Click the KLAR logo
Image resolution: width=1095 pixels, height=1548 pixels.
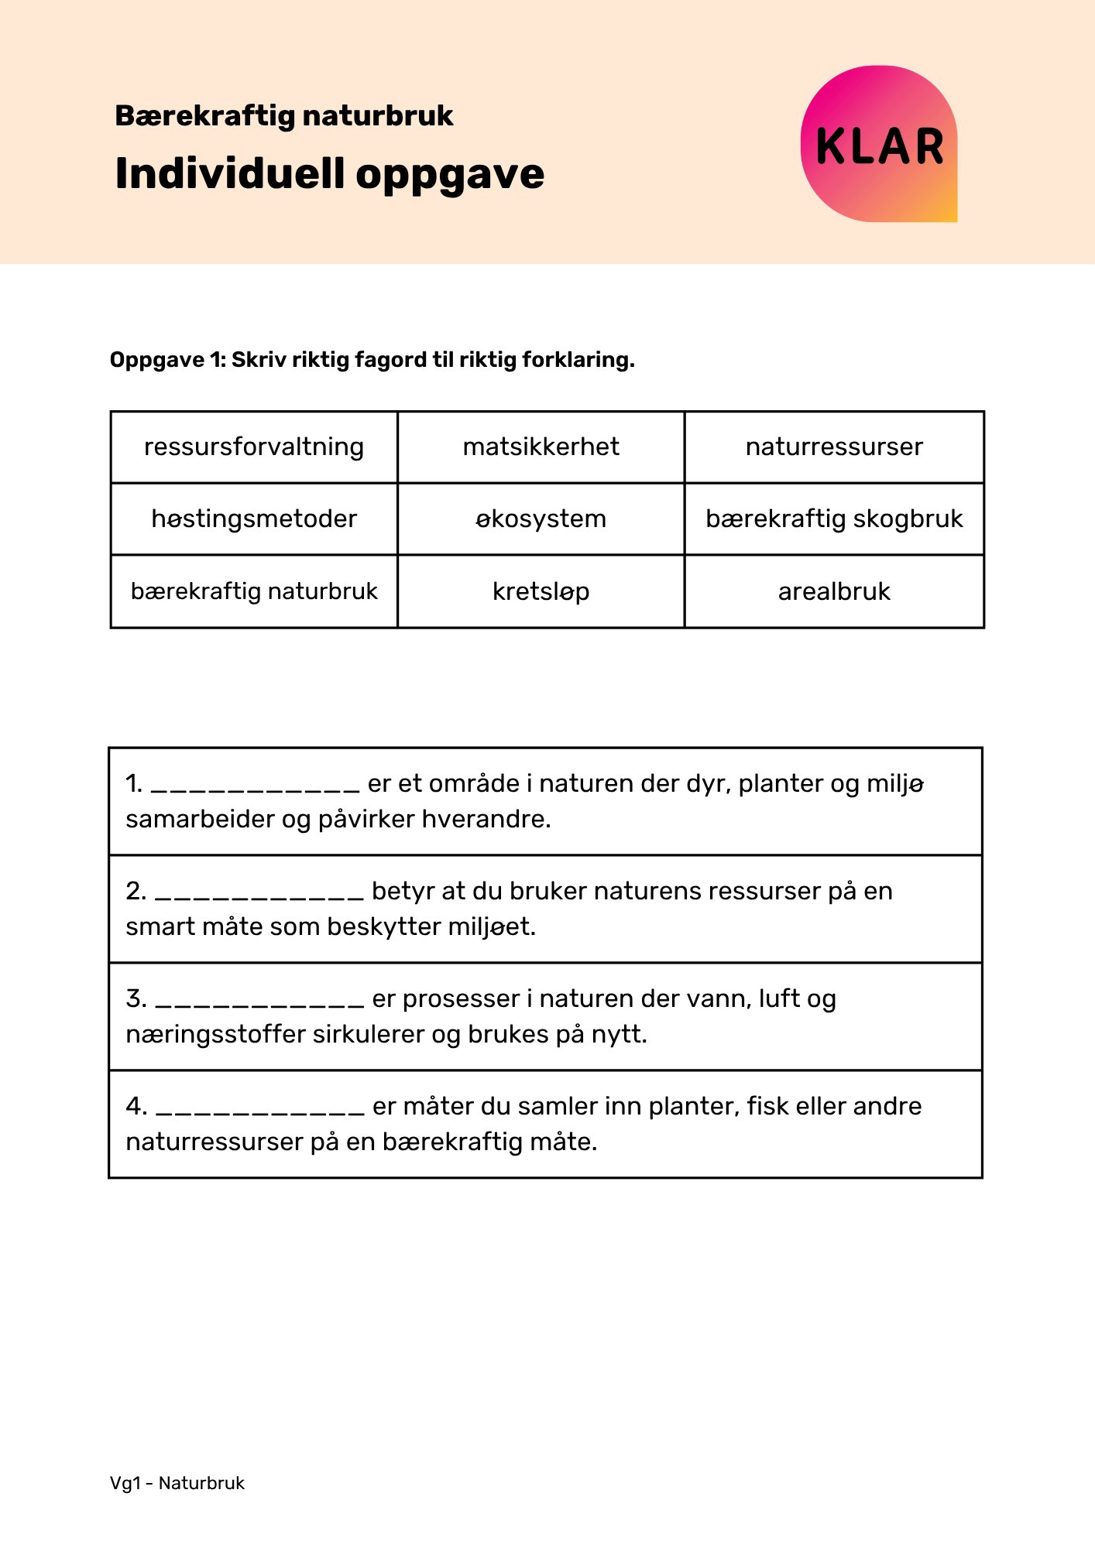point(879,145)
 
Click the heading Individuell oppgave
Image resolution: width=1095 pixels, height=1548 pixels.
point(329,173)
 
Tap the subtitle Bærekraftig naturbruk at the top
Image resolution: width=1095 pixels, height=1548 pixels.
point(283,116)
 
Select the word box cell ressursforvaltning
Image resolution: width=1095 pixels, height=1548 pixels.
point(254,447)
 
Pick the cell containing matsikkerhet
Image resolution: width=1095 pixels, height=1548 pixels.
point(541,447)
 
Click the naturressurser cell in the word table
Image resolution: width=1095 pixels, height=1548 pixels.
point(834,447)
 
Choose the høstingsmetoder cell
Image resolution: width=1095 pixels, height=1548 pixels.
point(254,519)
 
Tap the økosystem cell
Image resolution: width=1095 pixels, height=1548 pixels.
point(541,519)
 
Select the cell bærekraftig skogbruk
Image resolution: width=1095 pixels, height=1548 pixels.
point(834,519)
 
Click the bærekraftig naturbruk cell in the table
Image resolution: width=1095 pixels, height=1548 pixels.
point(254,591)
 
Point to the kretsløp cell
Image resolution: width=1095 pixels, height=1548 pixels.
point(541,591)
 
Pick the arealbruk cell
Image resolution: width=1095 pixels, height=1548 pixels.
point(834,591)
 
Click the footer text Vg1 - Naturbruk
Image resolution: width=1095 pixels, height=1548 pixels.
point(177,1483)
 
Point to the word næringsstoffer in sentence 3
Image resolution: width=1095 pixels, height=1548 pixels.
point(215,1034)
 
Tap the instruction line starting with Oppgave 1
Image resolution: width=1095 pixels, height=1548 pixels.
point(372,360)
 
